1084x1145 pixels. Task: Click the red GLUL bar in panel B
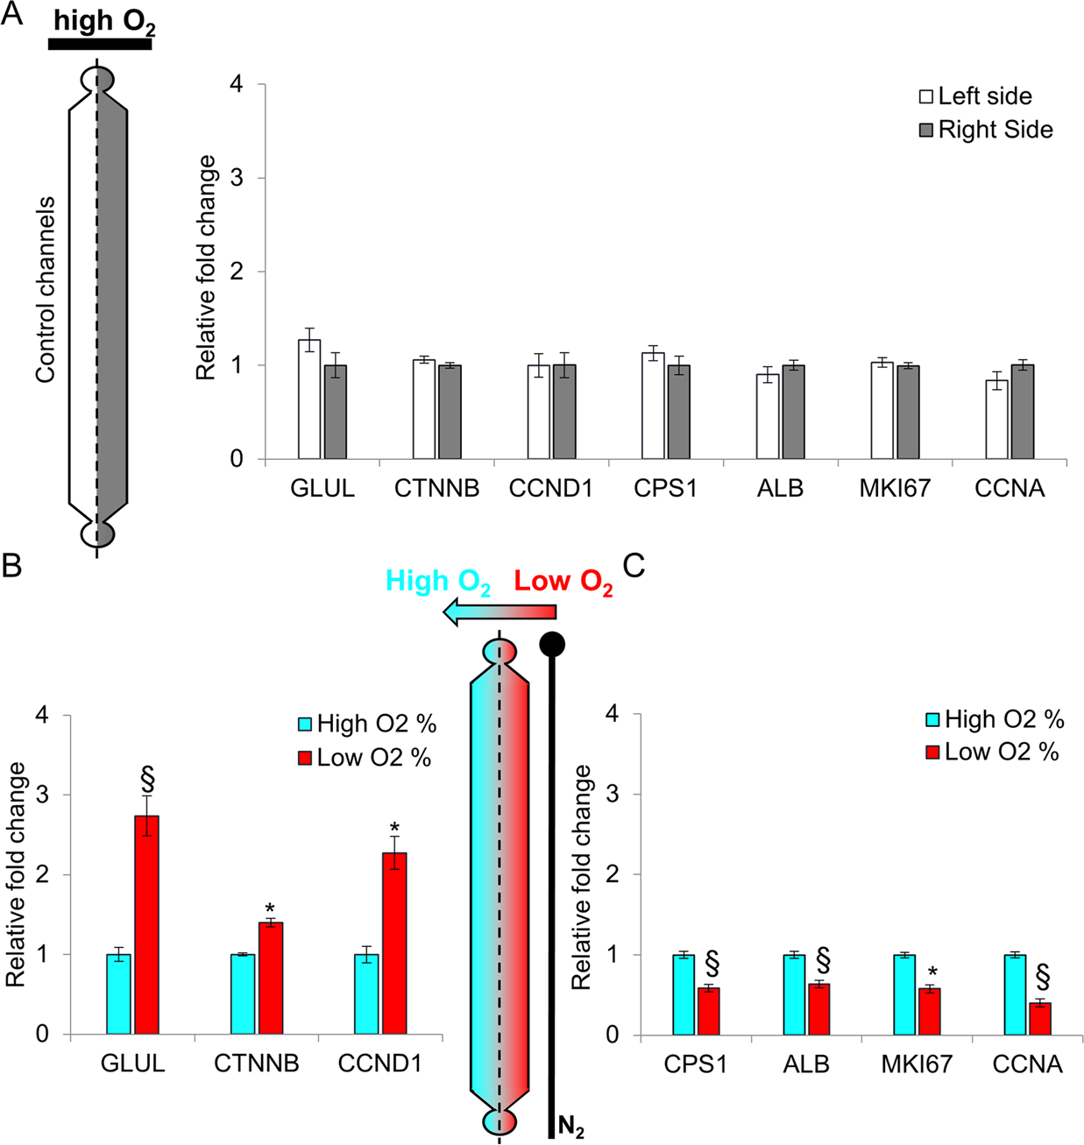146,924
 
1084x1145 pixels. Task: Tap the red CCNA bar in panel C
1040,1018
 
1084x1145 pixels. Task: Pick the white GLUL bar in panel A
309,399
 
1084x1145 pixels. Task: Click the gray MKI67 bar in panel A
908,412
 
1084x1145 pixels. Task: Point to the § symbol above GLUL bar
147,778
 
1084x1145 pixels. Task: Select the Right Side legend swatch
926,131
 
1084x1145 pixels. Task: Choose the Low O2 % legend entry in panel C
992,752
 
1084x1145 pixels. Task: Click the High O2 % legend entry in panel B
366,724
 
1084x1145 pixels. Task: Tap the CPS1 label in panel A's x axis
665,489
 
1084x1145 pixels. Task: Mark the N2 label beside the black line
570,1128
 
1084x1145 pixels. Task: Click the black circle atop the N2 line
552,645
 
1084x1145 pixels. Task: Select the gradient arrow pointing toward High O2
499,611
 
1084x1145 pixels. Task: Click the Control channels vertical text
46,289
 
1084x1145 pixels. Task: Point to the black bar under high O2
100,44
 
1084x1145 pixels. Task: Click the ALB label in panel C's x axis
805,1064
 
